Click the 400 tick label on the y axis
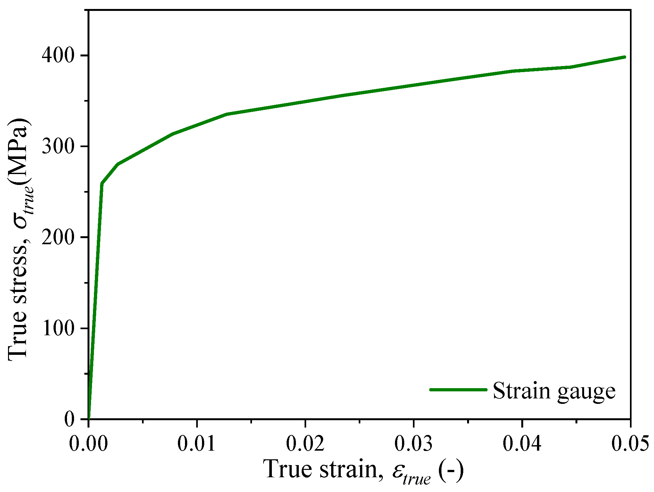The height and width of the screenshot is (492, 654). pyautogui.click(x=58, y=56)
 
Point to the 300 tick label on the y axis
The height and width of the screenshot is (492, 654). pyautogui.click(x=58, y=146)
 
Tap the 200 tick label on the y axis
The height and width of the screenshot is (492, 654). pyautogui.click(x=58, y=238)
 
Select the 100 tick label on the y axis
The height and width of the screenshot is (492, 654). pyautogui.click(x=58, y=328)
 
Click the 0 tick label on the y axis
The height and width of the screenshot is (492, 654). pyautogui.click(x=69, y=419)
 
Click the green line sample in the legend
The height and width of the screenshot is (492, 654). pyautogui.click(x=458, y=390)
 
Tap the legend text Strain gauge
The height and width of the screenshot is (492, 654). pyautogui.click(x=554, y=391)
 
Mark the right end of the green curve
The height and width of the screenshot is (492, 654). pyautogui.click(x=625, y=57)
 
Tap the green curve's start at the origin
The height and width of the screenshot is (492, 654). pyautogui.click(x=88, y=418)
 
